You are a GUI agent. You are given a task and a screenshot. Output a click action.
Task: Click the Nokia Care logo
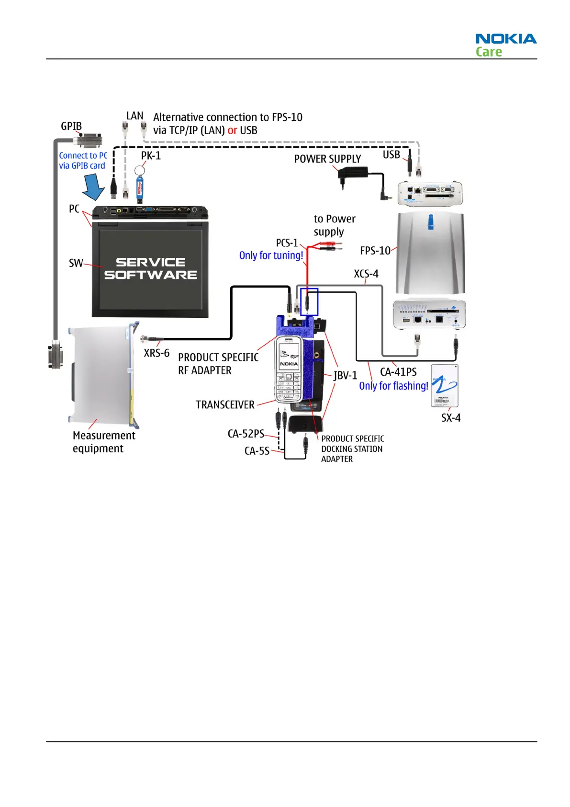[x=505, y=45]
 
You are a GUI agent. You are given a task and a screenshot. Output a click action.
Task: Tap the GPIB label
[x=71, y=126]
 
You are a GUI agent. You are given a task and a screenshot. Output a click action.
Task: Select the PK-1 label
[x=151, y=156]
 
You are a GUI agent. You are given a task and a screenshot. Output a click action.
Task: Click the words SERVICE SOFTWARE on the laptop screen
[x=150, y=268]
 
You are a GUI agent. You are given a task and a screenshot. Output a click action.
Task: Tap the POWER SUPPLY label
[x=327, y=159]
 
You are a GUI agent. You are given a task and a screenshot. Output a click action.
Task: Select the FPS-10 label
[x=375, y=251]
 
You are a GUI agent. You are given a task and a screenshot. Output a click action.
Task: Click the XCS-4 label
[x=366, y=274]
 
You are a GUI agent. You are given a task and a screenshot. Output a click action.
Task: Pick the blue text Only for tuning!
[x=271, y=255]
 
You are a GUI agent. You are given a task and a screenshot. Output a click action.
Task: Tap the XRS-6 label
[x=156, y=353]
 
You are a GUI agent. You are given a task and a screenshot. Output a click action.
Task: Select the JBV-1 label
[x=346, y=376]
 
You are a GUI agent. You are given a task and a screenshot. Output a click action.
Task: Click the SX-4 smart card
[x=444, y=386]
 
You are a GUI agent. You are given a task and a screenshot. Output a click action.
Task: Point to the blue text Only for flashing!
[x=393, y=386]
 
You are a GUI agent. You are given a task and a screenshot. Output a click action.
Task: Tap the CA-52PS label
[x=246, y=434]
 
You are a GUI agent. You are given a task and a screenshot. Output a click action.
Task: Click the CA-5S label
[x=257, y=451]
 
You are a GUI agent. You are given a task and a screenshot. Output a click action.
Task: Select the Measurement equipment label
[x=104, y=442]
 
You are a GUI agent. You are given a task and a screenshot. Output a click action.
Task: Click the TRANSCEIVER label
[x=225, y=405]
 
